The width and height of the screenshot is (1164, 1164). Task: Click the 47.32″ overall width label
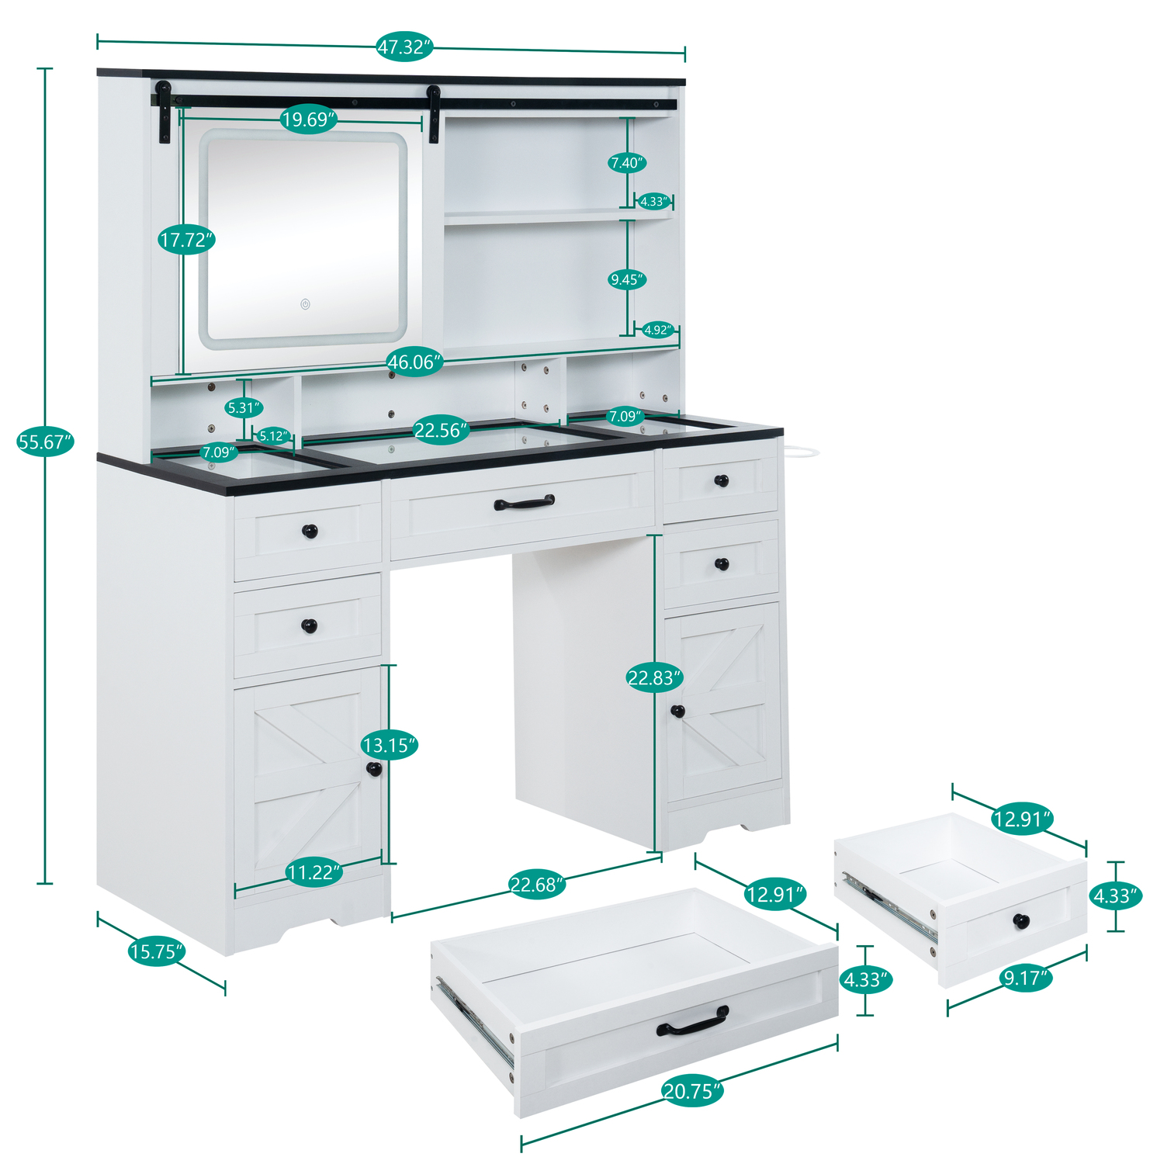404,47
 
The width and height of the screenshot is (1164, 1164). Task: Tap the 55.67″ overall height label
45,442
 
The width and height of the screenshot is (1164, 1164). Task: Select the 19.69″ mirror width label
309,120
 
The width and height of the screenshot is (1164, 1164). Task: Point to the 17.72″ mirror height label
186,240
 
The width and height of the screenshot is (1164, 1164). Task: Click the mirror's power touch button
306,304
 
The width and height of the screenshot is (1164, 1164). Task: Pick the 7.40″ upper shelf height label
627,163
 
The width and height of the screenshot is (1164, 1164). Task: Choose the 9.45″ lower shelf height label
627,279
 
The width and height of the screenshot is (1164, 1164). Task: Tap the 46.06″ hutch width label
415,362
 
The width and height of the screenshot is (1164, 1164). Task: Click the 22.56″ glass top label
441,430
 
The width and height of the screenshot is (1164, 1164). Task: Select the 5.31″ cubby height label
244,407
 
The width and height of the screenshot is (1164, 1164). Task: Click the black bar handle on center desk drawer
525,503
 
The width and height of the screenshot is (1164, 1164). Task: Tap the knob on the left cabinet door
374,769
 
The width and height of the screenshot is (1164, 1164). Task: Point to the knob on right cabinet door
677,711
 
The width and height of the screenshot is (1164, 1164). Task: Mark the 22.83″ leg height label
654,678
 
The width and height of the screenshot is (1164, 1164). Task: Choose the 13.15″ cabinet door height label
389,746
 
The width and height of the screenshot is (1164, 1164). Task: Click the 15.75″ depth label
157,951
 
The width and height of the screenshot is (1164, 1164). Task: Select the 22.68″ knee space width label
536,885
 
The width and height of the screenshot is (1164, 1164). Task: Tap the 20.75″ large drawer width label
692,1092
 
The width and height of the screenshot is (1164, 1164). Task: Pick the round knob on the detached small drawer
1021,921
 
